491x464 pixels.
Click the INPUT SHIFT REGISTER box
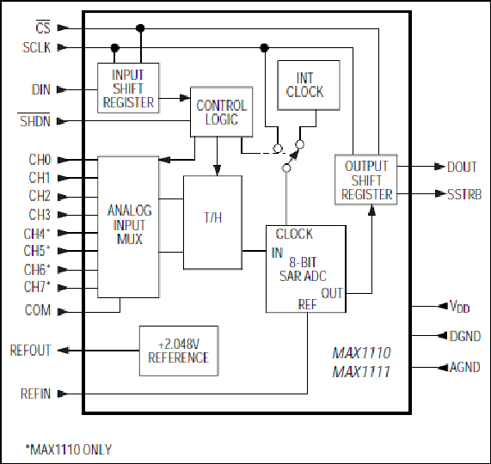[128, 88]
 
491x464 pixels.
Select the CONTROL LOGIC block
[221, 112]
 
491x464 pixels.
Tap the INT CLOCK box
[309, 85]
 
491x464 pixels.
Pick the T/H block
[212, 223]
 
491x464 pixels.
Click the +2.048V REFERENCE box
[179, 351]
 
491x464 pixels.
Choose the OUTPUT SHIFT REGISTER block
[366, 180]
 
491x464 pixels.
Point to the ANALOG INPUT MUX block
[128, 227]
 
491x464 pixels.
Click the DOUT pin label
[462, 167]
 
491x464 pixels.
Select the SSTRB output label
[464, 194]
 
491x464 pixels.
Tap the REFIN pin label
[35, 394]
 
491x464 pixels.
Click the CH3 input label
[40, 215]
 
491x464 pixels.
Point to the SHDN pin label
[34, 120]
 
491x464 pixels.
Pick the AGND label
[465, 367]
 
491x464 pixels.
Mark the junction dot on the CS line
[140, 28]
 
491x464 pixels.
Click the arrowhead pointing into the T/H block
[217, 170]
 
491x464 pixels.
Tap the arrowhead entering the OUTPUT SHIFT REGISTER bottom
[371, 210]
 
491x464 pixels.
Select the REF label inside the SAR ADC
[308, 304]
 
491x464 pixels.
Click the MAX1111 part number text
[361, 372]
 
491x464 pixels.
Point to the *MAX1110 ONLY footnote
[69, 449]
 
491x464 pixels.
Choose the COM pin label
[38, 310]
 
